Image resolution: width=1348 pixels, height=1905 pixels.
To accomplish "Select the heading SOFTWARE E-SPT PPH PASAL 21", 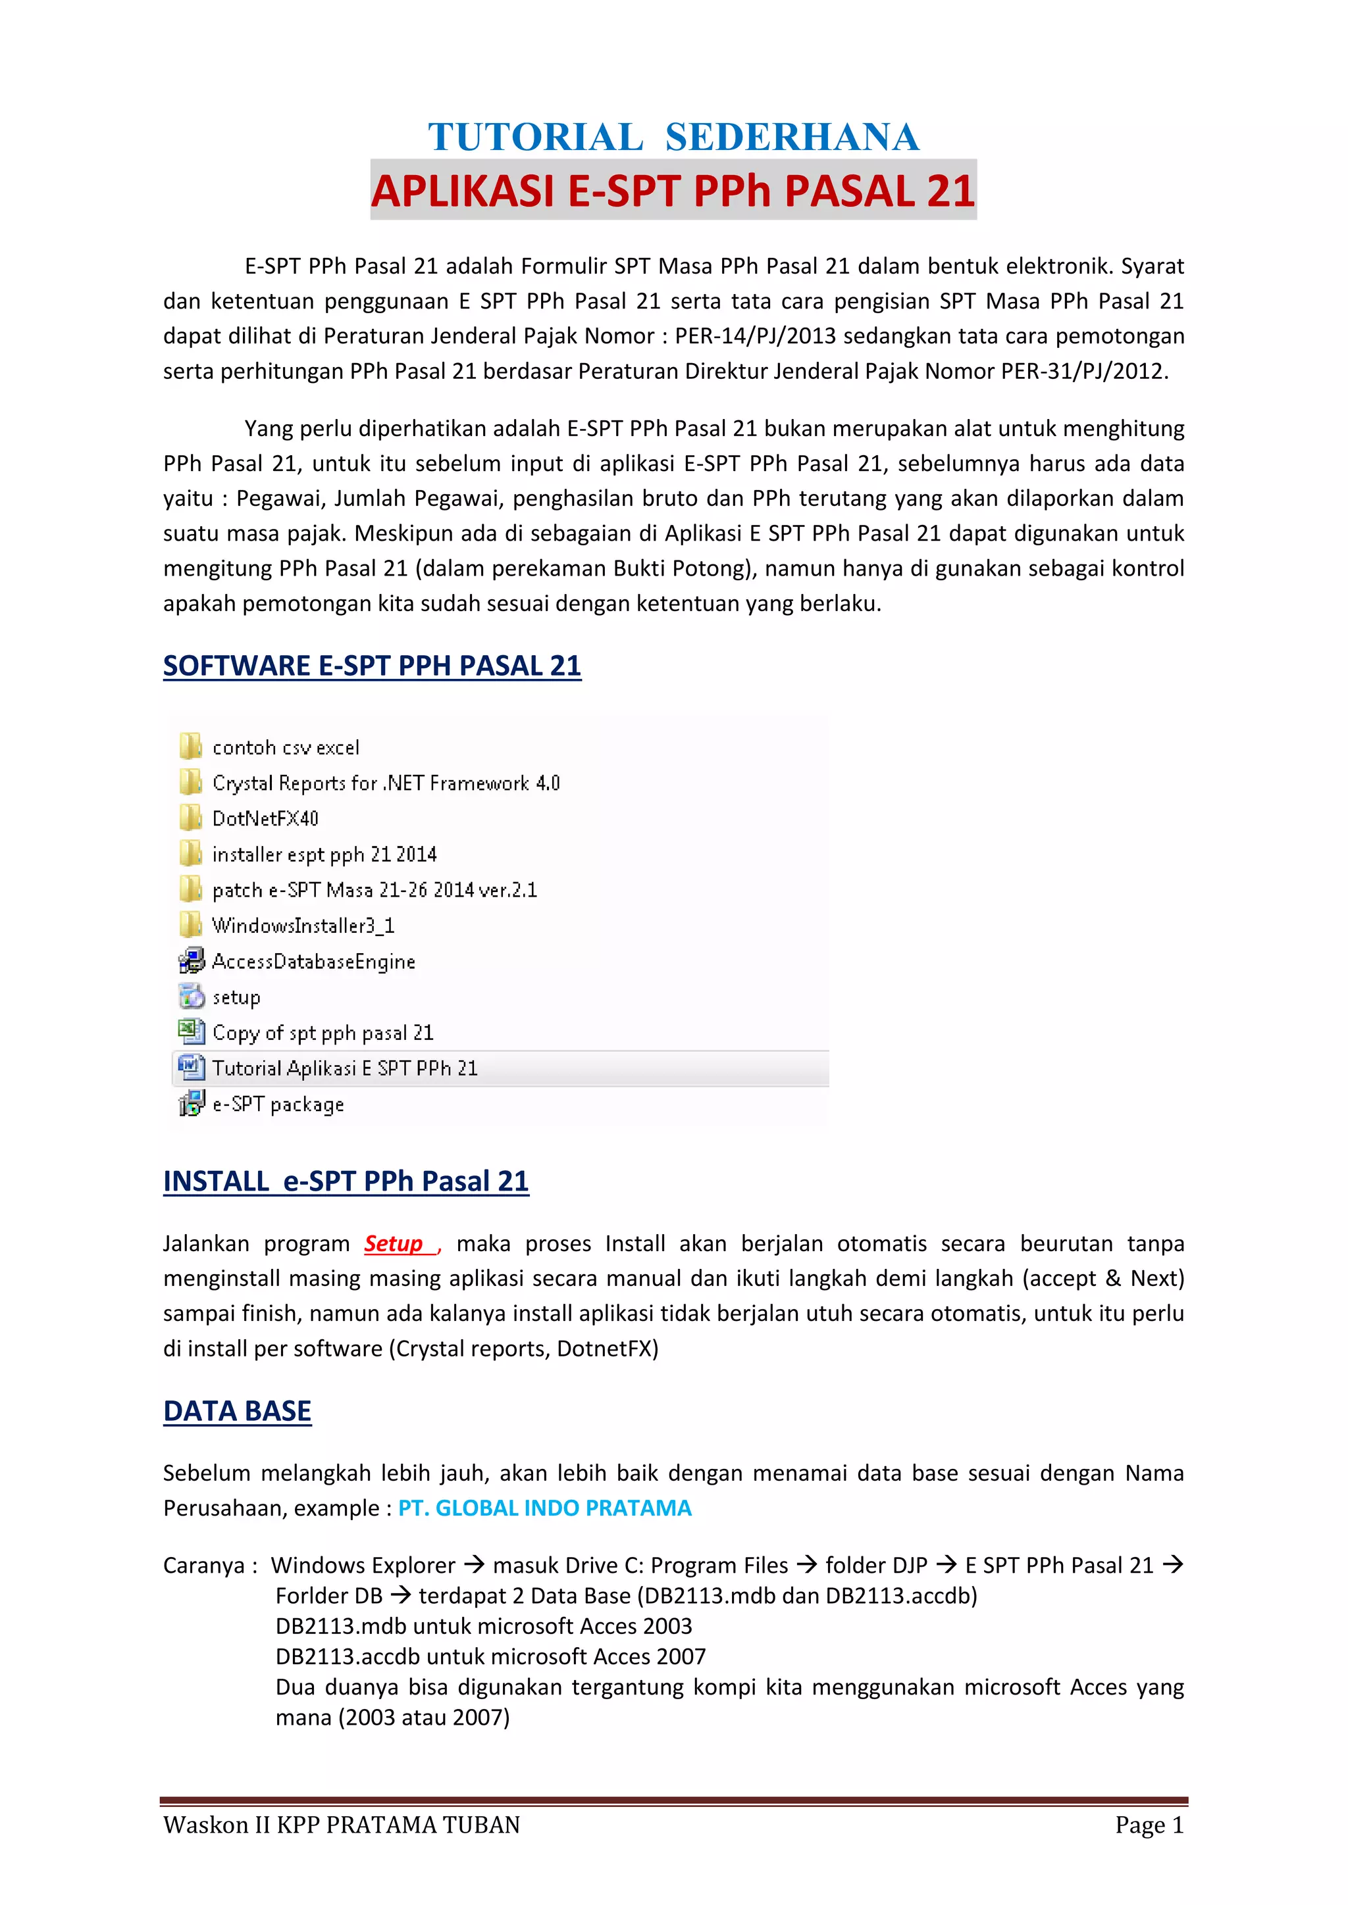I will [x=372, y=666].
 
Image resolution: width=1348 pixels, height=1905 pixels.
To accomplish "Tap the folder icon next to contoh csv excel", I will [x=191, y=746].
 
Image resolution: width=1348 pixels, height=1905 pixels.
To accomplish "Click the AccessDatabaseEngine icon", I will [x=191, y=961].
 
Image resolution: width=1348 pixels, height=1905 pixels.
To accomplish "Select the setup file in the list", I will [x=236, y=997].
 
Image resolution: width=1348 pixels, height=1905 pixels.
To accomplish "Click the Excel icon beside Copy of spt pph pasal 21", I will [x=191, y=1032].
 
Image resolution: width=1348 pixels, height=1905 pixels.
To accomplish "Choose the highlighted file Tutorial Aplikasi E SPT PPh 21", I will [x=344, y=1069].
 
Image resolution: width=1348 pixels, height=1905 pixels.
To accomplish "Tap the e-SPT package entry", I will [x=278, y=1104].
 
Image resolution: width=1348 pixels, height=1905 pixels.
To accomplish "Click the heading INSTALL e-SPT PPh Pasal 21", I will [x=346, y=1181].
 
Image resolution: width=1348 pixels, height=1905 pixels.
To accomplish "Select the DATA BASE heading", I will [x=238, y=1410].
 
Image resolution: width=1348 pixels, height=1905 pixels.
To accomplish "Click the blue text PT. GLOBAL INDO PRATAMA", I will [x=544, y=1508].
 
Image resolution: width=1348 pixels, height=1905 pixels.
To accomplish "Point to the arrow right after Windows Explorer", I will [x=474, y=1565].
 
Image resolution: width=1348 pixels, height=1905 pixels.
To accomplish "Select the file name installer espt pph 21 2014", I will [x=324, y=854].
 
